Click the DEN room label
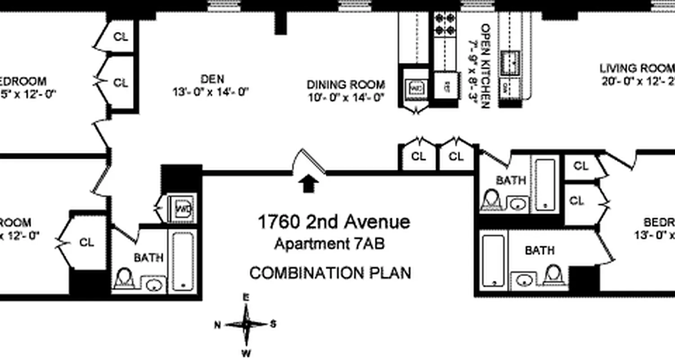click(212, 79)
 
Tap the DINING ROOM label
click(346, 85)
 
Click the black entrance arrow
click(309, 184)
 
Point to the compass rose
click(246, 324)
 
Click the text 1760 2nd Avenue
click(333, 222)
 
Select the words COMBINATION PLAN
click(330, 273)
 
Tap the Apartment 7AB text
click(329, 244)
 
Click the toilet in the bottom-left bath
click(123, 279)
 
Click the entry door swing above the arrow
click(310, 161)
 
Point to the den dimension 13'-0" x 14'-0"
click(211, 92)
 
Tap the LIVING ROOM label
click(637, 68)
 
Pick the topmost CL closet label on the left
click(121, 37)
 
